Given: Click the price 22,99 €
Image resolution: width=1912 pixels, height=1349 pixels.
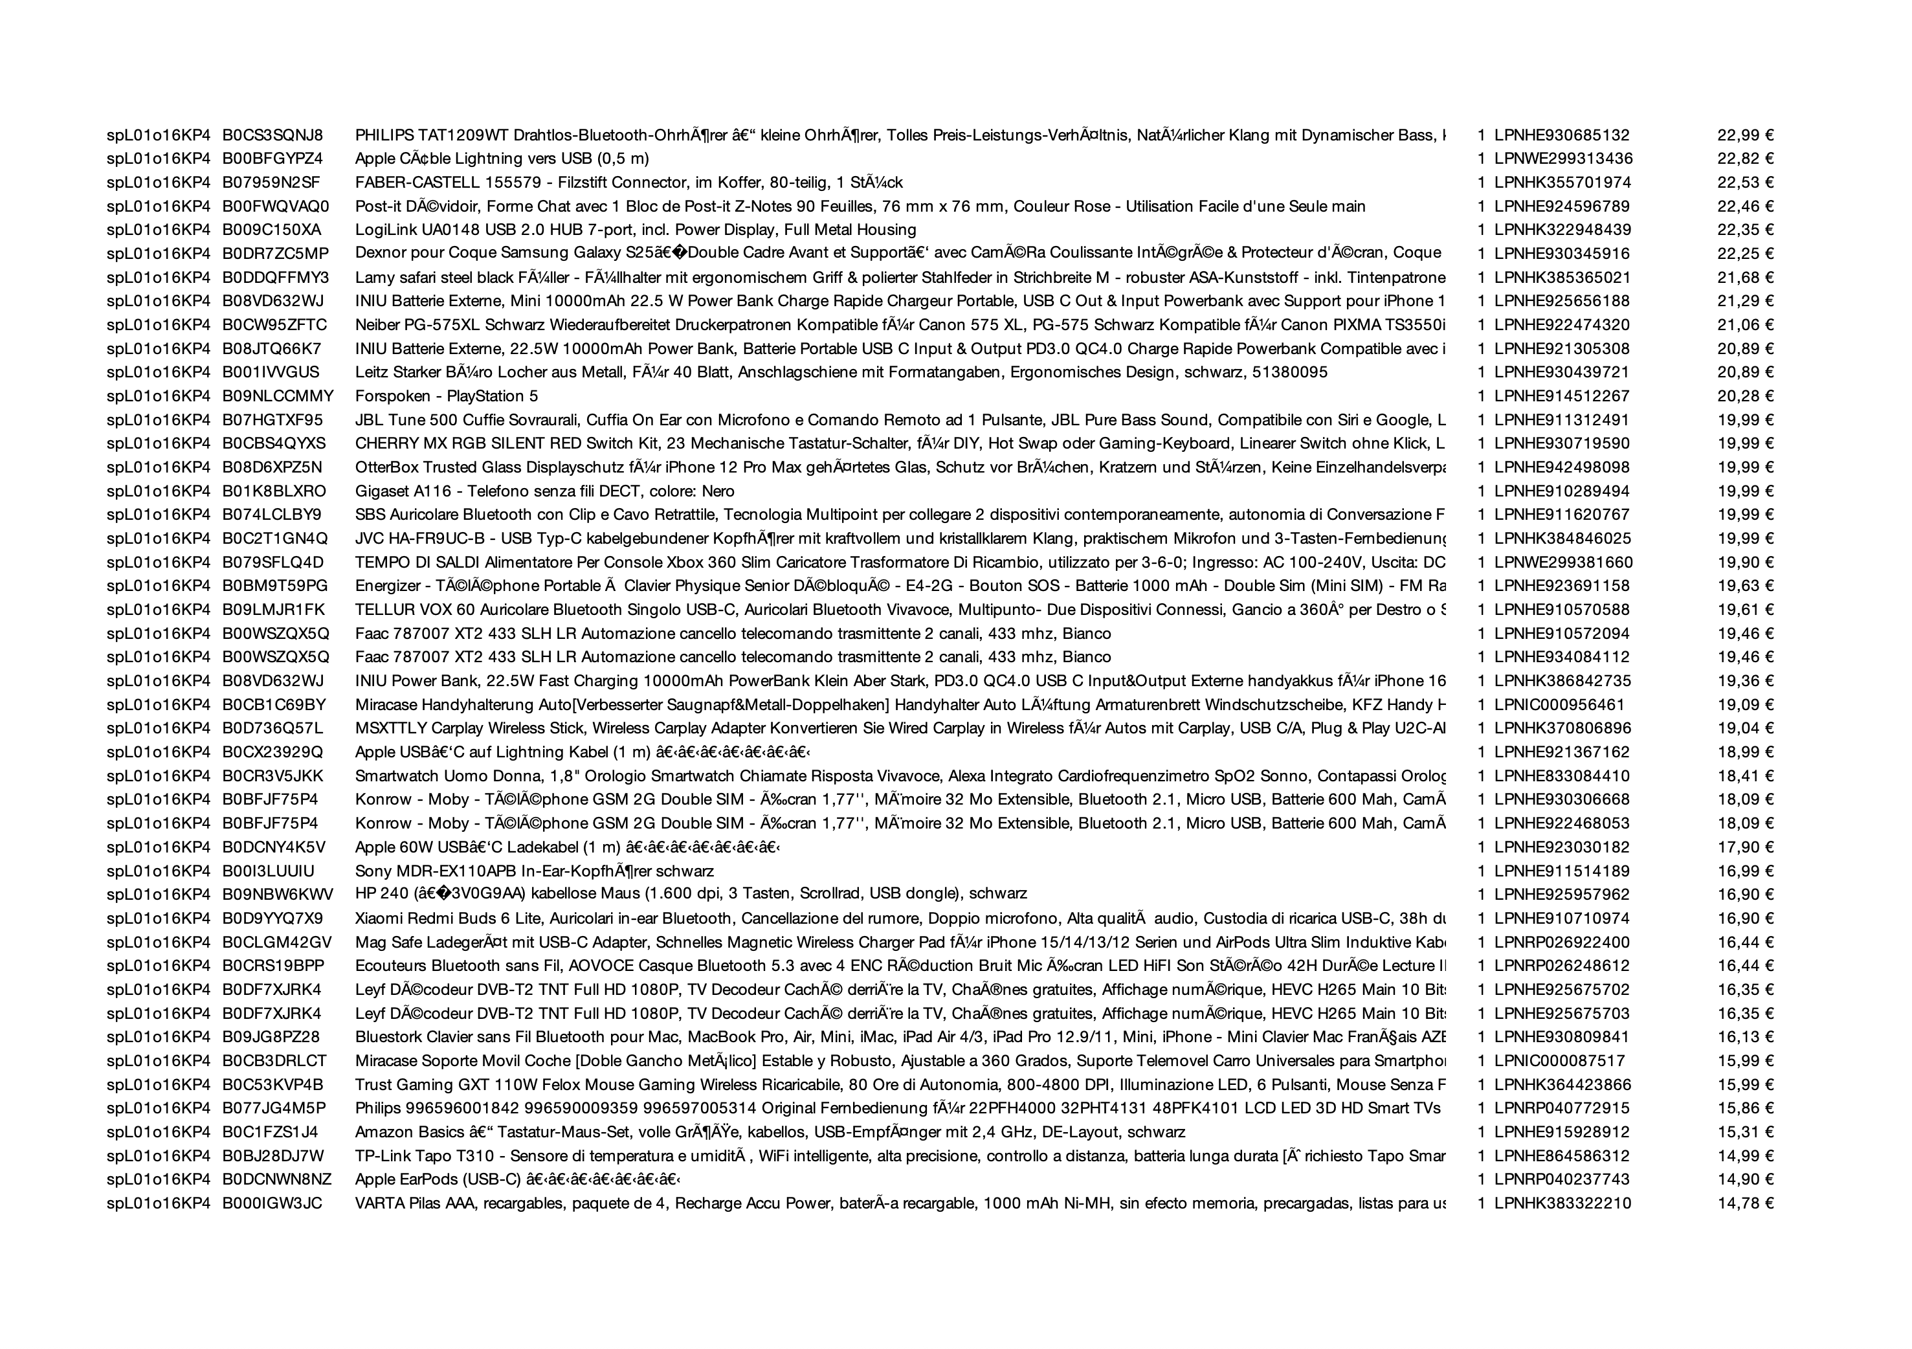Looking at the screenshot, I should [x=1746, y=135].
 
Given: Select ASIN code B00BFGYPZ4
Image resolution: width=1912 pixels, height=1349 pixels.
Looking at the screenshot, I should [x=272, y=158].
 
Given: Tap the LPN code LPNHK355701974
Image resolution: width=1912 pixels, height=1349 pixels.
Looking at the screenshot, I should [x=1562, y=183].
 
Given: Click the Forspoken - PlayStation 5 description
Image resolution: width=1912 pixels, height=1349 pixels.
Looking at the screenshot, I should [x=447, y=396].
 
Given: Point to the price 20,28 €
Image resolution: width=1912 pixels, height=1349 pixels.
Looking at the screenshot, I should [x=1746, y=396].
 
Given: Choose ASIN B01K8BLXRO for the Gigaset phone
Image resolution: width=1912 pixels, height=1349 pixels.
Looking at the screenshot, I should [x=274, y=491].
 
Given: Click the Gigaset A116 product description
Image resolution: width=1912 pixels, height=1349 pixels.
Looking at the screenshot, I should [x=544, y=491].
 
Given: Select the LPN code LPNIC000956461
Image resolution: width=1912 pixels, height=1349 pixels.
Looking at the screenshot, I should [x=1559, y=704].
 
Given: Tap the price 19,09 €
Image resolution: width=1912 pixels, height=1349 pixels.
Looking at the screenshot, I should [x=1746, y=704].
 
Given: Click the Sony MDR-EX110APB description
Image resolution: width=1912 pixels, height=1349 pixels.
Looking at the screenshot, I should [x=534, y=871].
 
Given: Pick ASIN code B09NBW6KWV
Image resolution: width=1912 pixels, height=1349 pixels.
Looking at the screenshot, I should [x=277, y=895].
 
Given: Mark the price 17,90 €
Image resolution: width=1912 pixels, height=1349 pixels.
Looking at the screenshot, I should [x=1746, y=847].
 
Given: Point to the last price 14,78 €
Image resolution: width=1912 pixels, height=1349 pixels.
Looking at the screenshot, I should [x=1746, y=1203].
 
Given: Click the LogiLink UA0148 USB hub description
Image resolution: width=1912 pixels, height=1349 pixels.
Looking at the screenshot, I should [x=636, y=230].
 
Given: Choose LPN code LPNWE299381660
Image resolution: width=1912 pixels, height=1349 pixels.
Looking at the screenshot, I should [x=1563, y=562].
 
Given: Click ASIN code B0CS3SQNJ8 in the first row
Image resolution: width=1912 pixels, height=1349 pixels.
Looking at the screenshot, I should [x=272, y=135].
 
